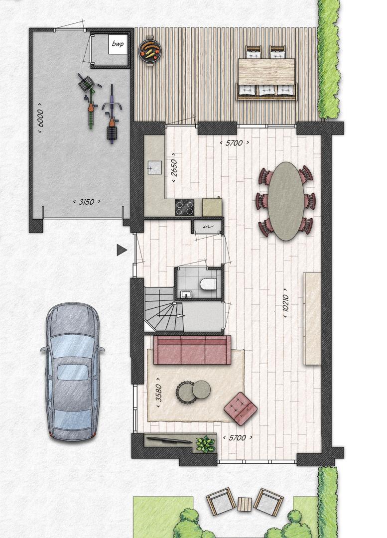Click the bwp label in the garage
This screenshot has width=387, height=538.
[118, 43]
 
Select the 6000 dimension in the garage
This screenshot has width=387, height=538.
[40, 118]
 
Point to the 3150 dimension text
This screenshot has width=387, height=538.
[87, 202]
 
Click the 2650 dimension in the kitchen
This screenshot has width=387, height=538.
[174, 168]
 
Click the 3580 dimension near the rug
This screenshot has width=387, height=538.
[159, 393]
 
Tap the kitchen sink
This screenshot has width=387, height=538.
[154, 168]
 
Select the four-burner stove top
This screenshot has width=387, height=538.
[184, 207]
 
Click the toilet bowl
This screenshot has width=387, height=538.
[208, 284]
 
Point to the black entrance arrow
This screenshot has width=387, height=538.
[122, 250]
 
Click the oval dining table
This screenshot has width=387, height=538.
[285, 201]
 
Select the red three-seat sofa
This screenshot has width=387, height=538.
[192, 350]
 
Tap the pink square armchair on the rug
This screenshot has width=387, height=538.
[241, 407]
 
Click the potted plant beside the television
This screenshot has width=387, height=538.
[206, 444]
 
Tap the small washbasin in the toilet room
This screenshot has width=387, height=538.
[186, 294]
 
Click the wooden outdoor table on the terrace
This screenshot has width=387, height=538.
[266, 71]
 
